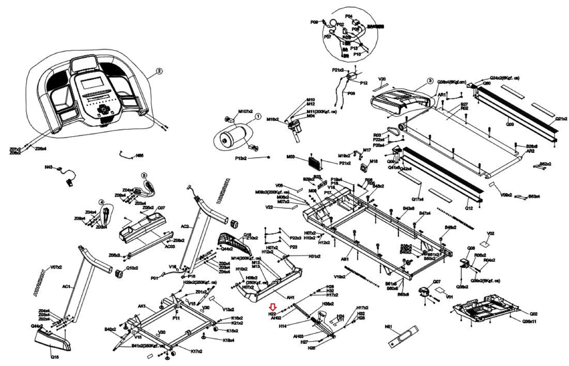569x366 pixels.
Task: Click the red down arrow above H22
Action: coord(273,307)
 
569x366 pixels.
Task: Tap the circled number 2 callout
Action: coord(159,71)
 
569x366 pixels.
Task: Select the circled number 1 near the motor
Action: coord(258,117)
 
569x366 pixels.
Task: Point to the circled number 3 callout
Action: coord(430,81)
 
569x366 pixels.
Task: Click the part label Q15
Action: coord(55,357)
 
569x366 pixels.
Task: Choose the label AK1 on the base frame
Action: coord(142,306)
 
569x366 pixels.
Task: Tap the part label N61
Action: coord(388,327)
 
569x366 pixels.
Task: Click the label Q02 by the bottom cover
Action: coord(533,314)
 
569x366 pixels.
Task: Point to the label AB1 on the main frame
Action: coord(345,259)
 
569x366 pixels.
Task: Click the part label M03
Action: coord(291,157)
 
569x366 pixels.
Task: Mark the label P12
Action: coord(364,83)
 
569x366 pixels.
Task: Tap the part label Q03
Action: coord(510,124)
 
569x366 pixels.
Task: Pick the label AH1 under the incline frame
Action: coord(290,297)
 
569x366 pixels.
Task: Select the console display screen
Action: coord(91,84)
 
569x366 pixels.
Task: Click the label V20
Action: coord(382,79)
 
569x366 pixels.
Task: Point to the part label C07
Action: coord(161,208)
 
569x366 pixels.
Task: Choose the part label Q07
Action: coord(437,282)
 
